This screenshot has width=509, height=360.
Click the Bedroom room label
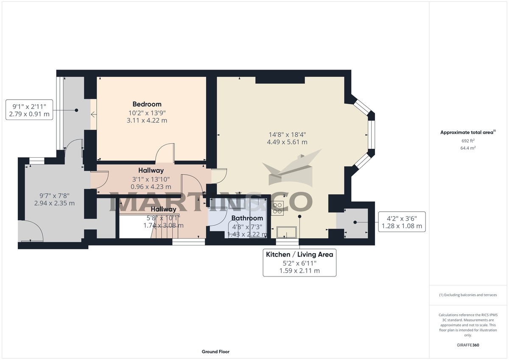pyautogui.click(x=147, y=104)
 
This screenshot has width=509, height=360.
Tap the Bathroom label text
pyautogui.click(x=247, y=218)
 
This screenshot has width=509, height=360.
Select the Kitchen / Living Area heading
pyautogui.click(x=299, y=254)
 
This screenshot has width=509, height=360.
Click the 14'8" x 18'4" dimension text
pyautogui.click(x=288, y=134)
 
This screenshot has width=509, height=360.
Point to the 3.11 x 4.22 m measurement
pyautogui.click(x=147, y=120)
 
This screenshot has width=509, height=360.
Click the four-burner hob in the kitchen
pyautogui.click(x=278, y=207)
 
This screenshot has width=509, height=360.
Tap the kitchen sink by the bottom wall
pyautogui.click(x=287, y=232)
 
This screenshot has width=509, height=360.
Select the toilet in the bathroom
pyautogui.click(x=235, y=229)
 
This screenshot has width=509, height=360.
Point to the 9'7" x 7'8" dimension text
pyautogui.click(x=54, y=195)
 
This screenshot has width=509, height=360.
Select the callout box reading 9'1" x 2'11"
pyautogui.click(x=29, y=110)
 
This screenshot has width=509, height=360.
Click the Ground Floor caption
pyautogui.click(x=215, y=352)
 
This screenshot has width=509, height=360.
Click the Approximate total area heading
pyautogui.click(x=467, y=132)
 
